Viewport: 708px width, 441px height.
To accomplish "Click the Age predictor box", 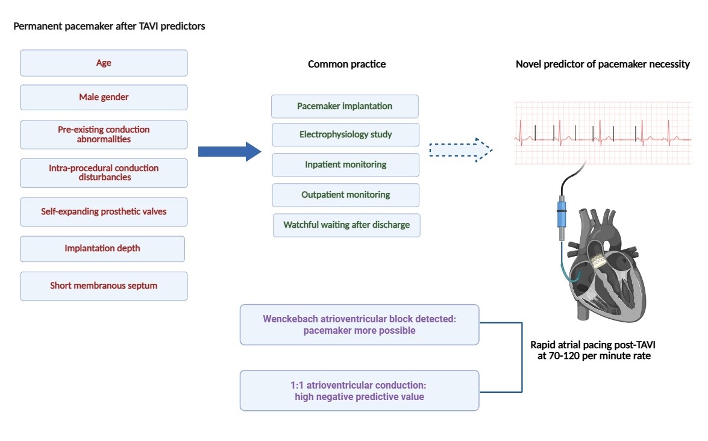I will [x=104, y=63].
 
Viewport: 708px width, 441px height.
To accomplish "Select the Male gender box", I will [x=104, y=97].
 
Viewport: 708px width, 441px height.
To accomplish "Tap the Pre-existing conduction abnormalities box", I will [x=104, y=134].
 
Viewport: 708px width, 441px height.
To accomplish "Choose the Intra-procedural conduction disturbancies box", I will [x=104, y=172].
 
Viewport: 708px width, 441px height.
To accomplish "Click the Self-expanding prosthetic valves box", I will [x=104, y=211].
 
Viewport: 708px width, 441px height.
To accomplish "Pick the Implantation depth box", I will [x=102, y=248].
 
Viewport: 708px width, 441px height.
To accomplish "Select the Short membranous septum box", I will [x=104, y=286].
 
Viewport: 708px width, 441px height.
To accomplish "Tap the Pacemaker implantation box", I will [x=345, y=106].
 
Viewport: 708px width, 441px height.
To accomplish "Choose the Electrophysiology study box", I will [x=345, y=134].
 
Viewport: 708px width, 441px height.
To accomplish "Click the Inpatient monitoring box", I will [x=345, y=164].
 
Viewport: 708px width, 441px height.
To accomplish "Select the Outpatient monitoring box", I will [x=345, y=195].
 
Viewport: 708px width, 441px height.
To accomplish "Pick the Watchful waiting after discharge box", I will [x=346, y=225].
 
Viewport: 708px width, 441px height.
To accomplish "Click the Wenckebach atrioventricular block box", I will [x=359, y=325].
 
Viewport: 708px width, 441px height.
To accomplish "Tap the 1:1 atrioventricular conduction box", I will [x=359, y=390].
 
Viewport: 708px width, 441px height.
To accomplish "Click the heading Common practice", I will [x=346, y=64].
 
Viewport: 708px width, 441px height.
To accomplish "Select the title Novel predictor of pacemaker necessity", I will [x=603, y=64].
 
